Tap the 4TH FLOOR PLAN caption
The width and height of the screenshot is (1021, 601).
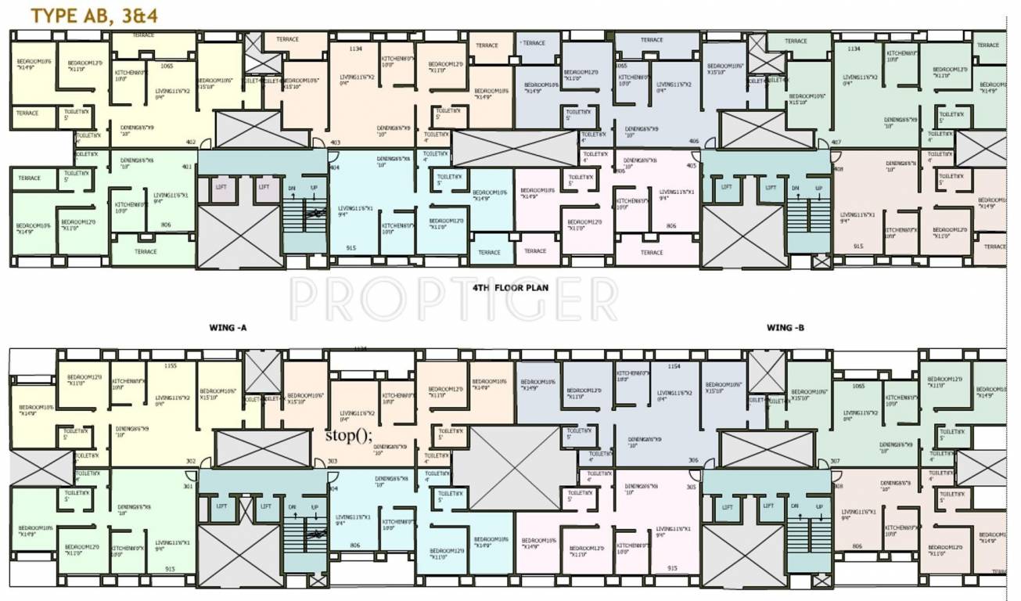point(510,288)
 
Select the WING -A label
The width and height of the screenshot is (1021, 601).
point(228,328)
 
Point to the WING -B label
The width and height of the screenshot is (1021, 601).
point(786,328)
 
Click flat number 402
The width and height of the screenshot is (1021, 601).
point(190,142)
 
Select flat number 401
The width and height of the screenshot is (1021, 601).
point(186,166)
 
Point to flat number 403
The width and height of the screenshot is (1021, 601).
point(336,142)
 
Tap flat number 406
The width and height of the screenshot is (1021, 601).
point(693,142)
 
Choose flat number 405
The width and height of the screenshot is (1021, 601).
point(691,166)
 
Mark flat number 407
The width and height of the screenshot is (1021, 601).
point(836,142)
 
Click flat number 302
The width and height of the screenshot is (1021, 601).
point(190,461)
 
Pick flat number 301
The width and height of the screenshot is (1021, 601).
point(186,486)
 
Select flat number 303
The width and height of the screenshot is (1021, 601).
point(333,461)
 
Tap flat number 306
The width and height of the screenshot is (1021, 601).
point(693,461)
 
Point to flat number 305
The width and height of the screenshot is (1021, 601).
point(691,486)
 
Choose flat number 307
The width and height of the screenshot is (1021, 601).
point(836,461)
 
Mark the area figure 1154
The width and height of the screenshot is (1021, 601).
point(674,365)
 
